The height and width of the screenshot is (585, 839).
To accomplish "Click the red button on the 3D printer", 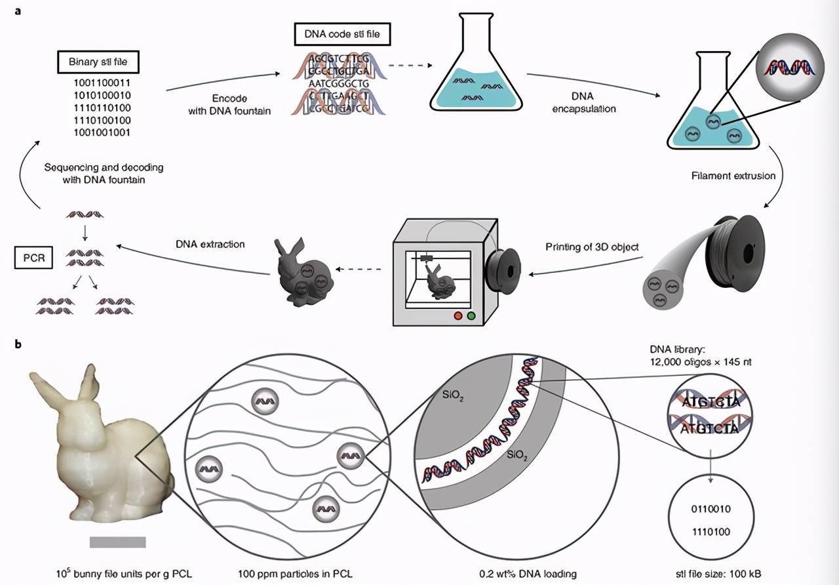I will point(458,315).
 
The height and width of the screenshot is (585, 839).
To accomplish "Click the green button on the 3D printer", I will point(471,315).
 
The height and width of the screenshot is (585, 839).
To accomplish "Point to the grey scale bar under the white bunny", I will point(117,542).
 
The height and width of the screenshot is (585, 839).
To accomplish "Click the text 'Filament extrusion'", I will point(733,176).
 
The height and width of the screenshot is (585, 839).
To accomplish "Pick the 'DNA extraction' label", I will point(210,244).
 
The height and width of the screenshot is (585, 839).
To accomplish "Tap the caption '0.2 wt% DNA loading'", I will point(528,574).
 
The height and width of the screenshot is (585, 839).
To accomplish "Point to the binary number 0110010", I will point(712,509).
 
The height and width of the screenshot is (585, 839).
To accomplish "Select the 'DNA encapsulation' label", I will point(583,103).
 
